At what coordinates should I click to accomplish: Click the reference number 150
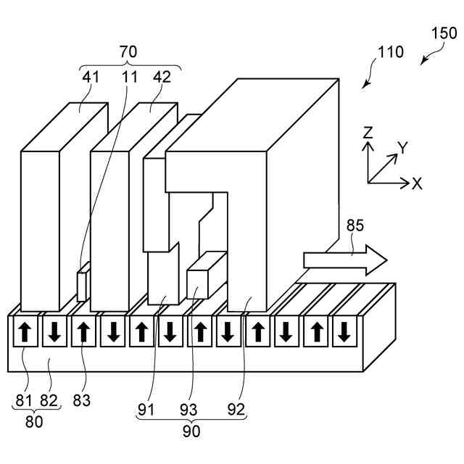click(444, 33)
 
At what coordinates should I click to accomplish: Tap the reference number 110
click(391, 51)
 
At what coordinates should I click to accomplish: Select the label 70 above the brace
click(128, 51)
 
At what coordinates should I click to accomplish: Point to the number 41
click(91, 77)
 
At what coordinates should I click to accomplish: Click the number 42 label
click(162, 77)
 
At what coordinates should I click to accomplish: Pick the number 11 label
click(130, 77)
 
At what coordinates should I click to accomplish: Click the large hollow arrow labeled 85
click(345, 260)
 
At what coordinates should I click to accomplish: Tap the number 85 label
click(355, 225)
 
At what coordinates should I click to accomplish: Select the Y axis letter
click(402, 147)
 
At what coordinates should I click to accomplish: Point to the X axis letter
click(417, 183)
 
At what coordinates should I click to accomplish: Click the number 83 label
click(82, 401)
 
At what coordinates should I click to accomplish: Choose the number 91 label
click(146, 410)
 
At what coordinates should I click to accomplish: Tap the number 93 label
click(188, 410)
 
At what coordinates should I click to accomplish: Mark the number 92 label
click(236, 410)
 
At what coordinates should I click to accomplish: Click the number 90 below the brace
click(191, 431)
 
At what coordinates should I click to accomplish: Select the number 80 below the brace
click(34, 421)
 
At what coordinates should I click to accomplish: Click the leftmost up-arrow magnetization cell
click(25, 331)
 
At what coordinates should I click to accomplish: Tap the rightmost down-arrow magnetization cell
click(344, 331)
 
